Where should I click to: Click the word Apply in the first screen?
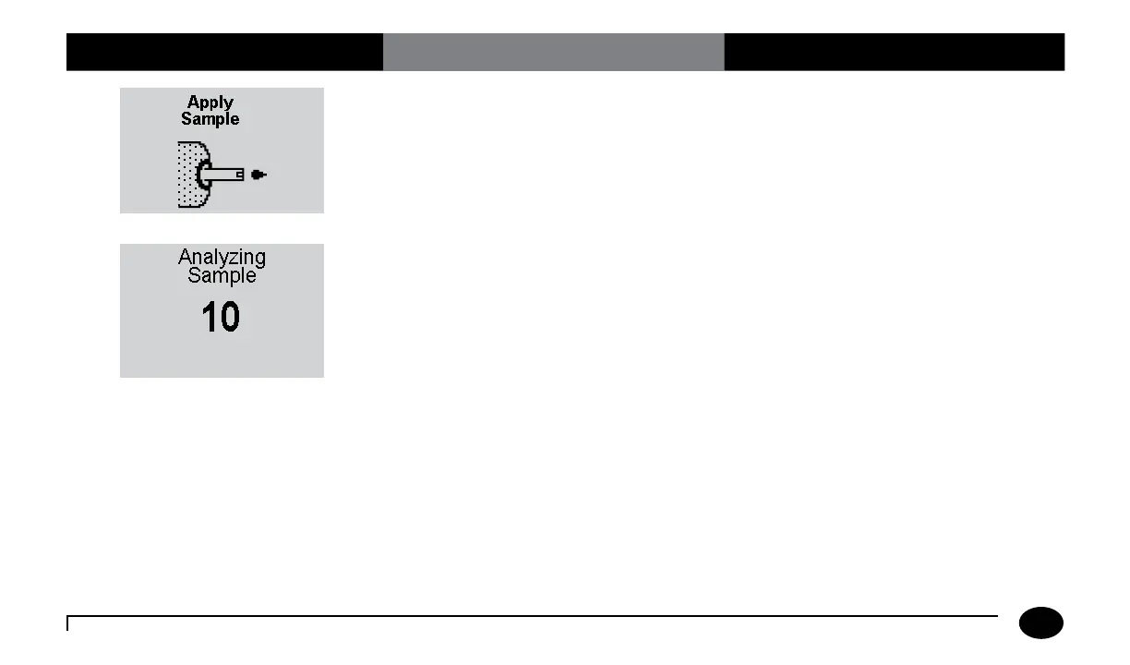click(x=210, y=103)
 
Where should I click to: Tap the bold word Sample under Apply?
click(x=210, y=119)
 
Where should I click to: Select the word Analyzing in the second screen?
click(x=222, y=257)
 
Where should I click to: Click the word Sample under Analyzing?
click(x=222, y=275)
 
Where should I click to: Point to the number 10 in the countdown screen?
click(x=221, y=319)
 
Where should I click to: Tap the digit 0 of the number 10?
click(x=230, y=319)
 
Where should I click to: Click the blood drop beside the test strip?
click(x=258, y=175)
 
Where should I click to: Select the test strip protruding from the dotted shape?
click(x=222, y=174)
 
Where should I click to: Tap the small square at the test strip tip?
click(x=240, y=174)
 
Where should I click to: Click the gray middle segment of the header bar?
click(x=553, y=52)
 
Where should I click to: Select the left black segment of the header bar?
click(x=224, y=52)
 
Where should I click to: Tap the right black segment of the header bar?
click(x=894, y=52)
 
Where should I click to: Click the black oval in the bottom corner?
click(x=1040, y=623)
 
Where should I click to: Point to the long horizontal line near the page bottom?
click(x=533, y=616)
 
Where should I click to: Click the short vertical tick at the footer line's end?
click(x=68, y=623)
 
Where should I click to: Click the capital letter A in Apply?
click(x=194, y=103)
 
